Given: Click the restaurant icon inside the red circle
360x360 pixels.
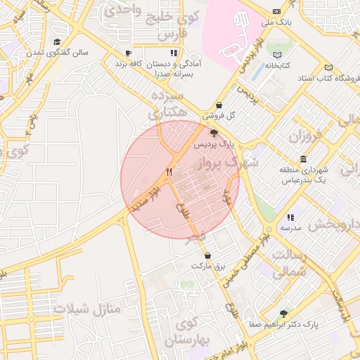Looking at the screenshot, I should (169, 172).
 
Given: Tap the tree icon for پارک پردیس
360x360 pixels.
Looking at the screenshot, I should (214, 132).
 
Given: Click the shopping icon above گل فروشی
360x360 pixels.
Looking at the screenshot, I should (219, 105).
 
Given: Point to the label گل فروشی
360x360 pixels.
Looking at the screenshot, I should (219, 115).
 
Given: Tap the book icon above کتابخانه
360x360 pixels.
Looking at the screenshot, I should (278, 55).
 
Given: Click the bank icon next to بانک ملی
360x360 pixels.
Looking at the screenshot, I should (276, 12).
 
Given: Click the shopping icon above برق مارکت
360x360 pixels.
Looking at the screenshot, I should (207, 255).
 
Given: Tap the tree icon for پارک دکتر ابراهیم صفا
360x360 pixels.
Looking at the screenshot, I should (284, 314).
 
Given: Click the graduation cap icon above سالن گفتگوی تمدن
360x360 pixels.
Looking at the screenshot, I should (56, 42).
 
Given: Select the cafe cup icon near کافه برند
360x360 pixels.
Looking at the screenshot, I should (128, 53).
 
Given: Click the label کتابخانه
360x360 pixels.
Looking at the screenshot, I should (278, 66).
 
